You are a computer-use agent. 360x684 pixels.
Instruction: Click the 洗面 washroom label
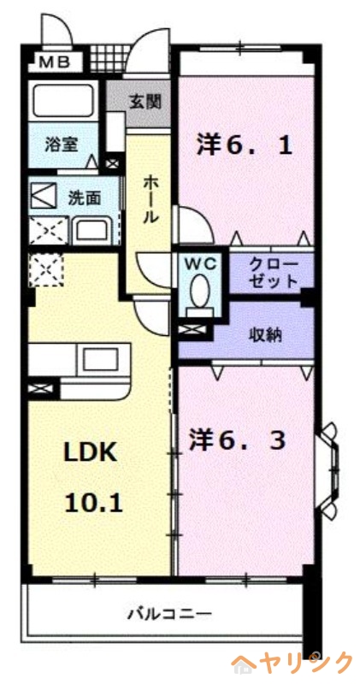point(84,197)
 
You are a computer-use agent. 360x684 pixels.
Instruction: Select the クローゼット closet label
point(273,273)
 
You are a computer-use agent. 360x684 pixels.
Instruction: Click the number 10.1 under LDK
point(92,502)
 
